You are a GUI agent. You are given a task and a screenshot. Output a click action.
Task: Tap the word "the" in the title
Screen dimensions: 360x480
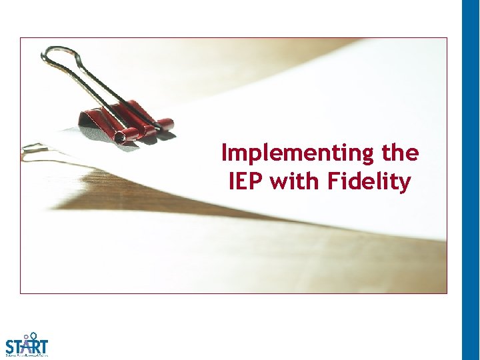pyautogui.click(x=401, y=153)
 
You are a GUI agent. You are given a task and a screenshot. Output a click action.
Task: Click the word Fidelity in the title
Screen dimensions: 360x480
pyautogui.click(x=369, y=181)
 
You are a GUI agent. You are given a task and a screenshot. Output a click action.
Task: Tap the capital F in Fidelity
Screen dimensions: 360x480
pyautogui.click(x=333, y=181)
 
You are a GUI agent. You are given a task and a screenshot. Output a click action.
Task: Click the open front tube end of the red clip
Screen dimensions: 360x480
pyautogui.click(x=121, y=137)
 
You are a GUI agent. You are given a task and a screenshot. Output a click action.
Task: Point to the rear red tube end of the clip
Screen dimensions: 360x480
pyautogui.click(x=167, y=123)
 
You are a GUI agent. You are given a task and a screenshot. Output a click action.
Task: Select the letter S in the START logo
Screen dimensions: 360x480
pyautogui.click(x=11, y=347)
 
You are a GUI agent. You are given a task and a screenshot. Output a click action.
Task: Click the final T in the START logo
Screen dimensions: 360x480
pyautogui.click(x=43, y=347)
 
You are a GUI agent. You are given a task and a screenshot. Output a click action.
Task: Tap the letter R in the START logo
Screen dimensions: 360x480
pyautogui.click(x=36, y=347)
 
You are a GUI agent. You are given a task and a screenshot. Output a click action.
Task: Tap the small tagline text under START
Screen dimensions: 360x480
pyautogui.click(x=27, y=356)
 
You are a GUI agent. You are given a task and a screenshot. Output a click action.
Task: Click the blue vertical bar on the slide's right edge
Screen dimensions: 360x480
pyautogui.click(x=471, y=180)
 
